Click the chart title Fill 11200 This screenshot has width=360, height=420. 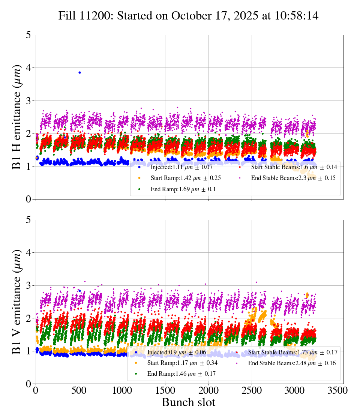pos(188,16)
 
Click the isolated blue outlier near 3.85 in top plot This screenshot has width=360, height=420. pos(79,72)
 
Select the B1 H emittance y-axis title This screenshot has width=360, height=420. pos(17,117)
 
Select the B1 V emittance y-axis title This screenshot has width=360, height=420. pos(17,301)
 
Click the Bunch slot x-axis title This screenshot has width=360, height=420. pos(188,403)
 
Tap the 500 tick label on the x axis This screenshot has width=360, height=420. pos(79,390)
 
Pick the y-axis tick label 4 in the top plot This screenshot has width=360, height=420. pos(28,68)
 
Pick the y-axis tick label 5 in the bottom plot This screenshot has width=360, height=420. pos(28,220)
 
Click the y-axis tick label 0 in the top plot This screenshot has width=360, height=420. pos(28,199)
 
